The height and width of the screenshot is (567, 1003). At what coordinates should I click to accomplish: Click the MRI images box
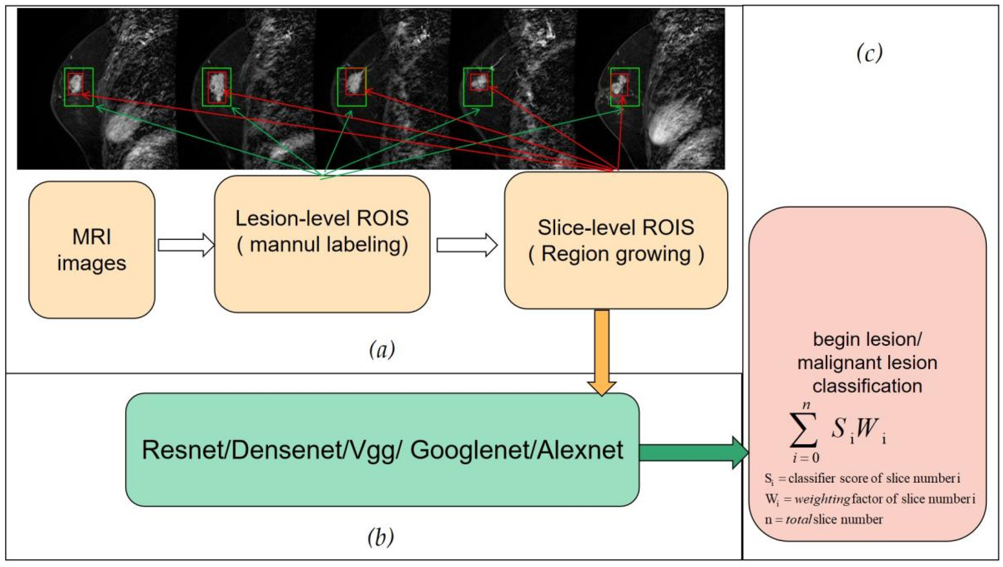92,250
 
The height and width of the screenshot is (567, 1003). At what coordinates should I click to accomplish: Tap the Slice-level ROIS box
616,241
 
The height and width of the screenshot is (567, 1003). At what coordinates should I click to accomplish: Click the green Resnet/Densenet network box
382,450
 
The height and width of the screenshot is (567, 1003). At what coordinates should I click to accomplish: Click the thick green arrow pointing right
694,452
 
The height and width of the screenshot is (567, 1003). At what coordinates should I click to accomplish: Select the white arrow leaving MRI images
186,245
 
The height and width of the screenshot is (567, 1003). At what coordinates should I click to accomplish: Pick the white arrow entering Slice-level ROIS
467,245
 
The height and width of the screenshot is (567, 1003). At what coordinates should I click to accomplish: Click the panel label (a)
381,349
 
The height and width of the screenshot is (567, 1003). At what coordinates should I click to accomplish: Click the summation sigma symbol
804,434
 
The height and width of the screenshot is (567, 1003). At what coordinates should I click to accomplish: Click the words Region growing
616,254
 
